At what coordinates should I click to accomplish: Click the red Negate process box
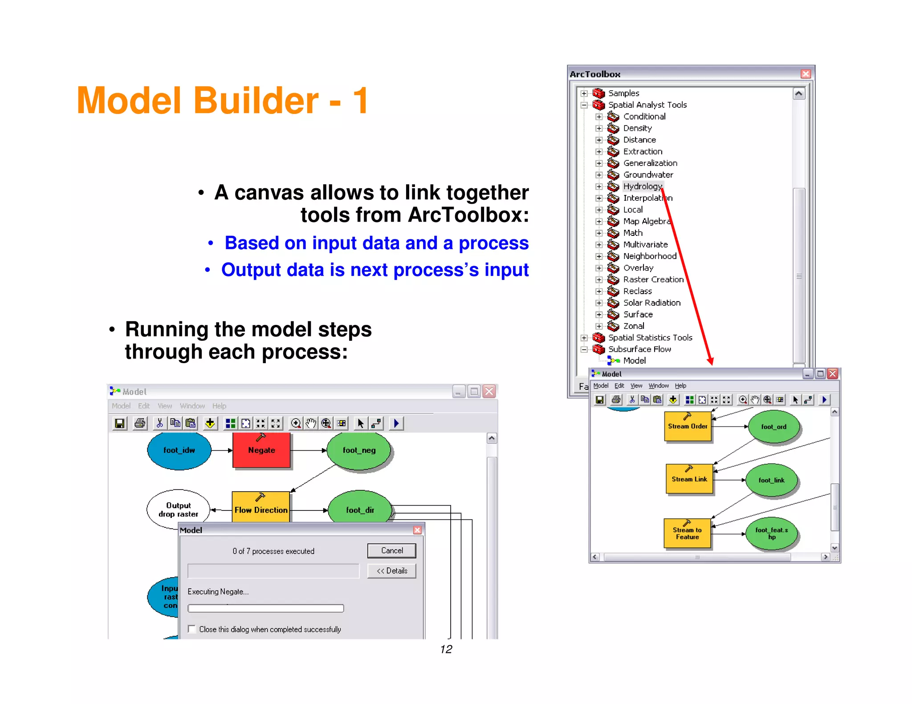[261, 450]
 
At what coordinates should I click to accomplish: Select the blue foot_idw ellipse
[179, 450]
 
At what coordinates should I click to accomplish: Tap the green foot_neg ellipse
[359, 450]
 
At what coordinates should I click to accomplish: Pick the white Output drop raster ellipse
[178, 510]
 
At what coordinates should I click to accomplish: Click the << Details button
[392, 571]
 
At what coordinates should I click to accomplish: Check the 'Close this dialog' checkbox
[192, 629]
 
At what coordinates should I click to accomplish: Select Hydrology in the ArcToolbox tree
[642, 186]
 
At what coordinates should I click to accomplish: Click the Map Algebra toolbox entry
[646, 221]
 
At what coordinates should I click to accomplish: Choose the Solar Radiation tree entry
[651, 303]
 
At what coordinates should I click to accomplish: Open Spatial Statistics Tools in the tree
[650, 338]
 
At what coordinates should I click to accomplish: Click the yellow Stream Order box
[688, 426]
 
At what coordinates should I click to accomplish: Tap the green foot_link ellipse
[771, 480]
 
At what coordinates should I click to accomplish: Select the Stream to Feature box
[687, 533]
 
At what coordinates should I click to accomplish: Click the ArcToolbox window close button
[806, 74]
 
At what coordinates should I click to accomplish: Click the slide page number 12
[446, 649]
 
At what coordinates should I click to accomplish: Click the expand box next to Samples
[584, 93]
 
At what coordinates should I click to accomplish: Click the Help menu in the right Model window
[680, 386]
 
